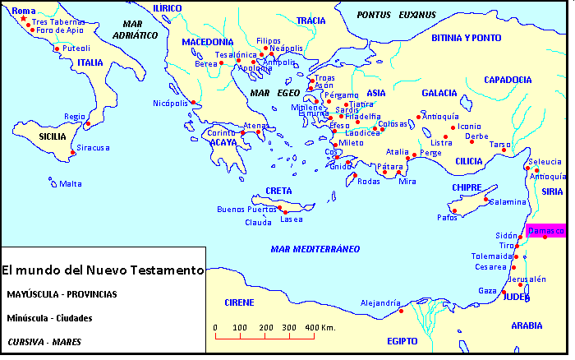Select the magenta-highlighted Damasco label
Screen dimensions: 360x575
pyautogui.click(x=545, y=231)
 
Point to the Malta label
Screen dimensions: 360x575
pyautogui.click(x=70, y=183)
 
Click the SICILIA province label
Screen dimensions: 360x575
pyautogui.click(x=30, y=136)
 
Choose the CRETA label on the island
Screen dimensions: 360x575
pyautogui.click(x=278, y=191)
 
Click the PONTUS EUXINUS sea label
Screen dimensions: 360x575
pyautogui.click(x=396, y=15)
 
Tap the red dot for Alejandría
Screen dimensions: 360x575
pyautogui.click(x=401, y=310)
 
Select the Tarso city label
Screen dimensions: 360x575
pyautogui.click(x=500, y=144)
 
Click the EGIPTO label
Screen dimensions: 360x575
pyautogui.click(x=402, y=340)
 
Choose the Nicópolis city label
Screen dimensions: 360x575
pyautogui.click(x=171, y=103)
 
